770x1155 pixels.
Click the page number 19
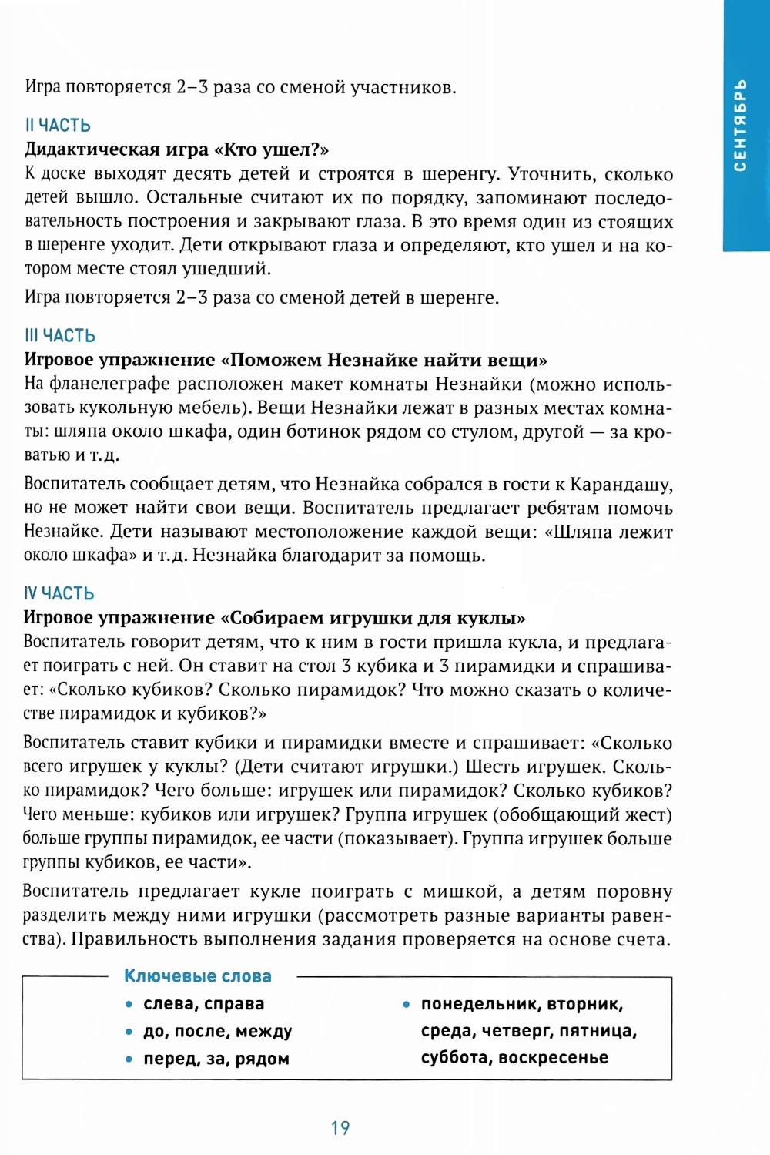(340, 1128)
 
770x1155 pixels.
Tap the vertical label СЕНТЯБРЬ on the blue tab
(740, 125)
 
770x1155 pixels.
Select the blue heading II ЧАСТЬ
(58, 125)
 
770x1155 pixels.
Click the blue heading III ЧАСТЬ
(60, 335)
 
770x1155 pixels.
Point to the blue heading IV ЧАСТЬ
(59, 593)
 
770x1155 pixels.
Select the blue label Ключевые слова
(198, 976)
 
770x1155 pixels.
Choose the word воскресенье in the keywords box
(554, 1058)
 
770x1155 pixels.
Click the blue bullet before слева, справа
(129, 1005)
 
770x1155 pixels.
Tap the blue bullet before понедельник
(406, 1005)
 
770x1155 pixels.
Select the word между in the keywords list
(264, 1031)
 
